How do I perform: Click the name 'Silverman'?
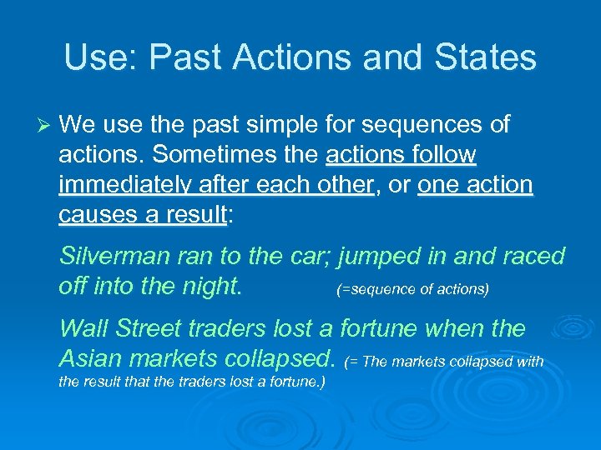[x=115, y=256]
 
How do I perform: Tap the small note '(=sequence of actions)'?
[x=412, y=289]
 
